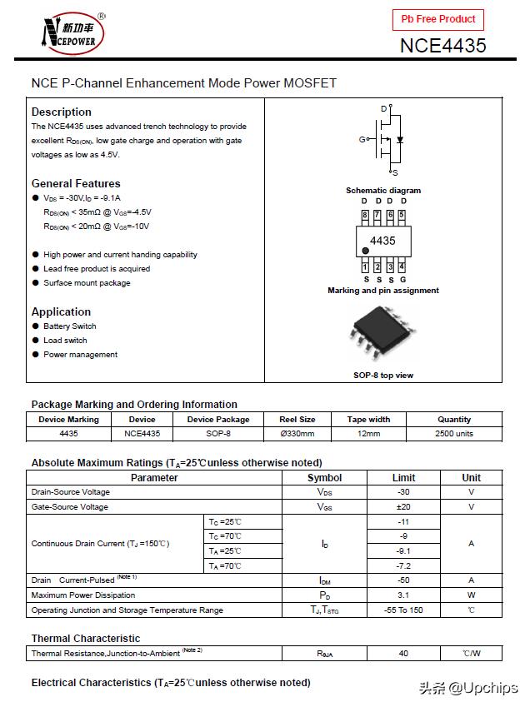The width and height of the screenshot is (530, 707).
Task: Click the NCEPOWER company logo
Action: (72, 34)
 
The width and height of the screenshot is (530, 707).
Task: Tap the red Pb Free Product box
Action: (437, 19)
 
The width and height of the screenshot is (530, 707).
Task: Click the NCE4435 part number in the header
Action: (442, 45)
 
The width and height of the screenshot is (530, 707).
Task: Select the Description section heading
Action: (62, 112)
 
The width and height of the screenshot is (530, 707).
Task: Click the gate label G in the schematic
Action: (362, 139)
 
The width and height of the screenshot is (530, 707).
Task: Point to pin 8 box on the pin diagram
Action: (365, 215)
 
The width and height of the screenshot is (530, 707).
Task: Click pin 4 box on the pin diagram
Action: (402, 266)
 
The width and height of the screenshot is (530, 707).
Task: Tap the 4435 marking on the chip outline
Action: (382, 241)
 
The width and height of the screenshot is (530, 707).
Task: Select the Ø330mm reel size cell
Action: (297, 434)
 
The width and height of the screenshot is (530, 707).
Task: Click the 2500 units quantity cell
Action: (453, 434)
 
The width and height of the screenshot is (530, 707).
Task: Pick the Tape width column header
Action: (368, 420)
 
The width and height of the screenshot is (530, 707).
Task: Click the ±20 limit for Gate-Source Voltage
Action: (403, 507)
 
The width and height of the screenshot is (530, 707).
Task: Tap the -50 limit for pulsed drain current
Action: (403, 580)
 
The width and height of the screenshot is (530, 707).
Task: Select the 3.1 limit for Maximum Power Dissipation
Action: (403, 595)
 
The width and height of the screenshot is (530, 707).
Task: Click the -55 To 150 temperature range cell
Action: (403, 610)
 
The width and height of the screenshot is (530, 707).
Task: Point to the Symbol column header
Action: (324, 478)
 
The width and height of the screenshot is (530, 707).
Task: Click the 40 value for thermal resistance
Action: (403, 654)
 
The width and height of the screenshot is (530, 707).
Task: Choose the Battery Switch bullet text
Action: (70, 326)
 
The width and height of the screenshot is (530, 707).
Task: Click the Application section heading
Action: (61, 311)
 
